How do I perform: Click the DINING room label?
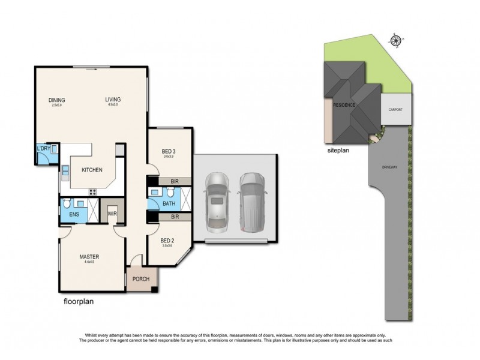tap(57, 100)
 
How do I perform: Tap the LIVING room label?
tap(113, 100)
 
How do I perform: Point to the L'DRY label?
tap(43, 149)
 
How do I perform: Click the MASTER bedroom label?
tap(89, 257)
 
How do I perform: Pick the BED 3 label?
tap(168, 151)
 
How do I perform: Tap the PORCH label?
tap(141, 279)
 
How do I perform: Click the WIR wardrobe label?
tap(112, 212)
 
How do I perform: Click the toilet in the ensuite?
tap(67, 203)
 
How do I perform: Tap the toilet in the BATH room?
tap(170, 193)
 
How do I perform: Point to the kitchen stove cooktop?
tap(93, 192)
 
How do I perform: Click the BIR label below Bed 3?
tap(175, 181)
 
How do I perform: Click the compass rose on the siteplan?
tap(396, 41)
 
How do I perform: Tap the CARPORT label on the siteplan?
tap(395, 110)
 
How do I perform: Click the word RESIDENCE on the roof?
tap(344, 106)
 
